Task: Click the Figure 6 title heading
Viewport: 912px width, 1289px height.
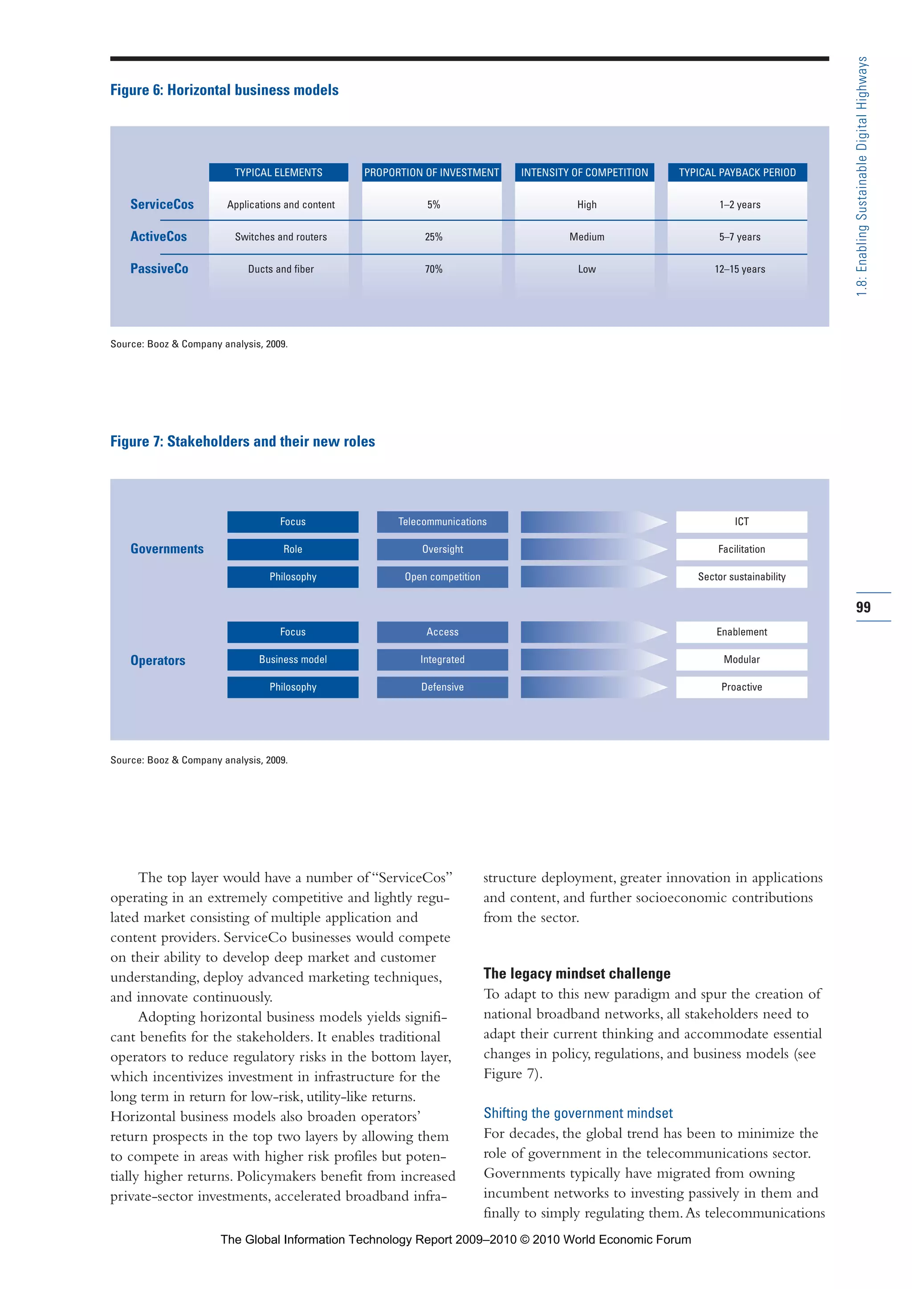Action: coord(224,90)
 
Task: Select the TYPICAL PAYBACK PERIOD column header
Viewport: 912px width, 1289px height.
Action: coord(737,172)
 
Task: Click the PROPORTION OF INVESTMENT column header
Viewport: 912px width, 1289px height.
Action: coord(432,172)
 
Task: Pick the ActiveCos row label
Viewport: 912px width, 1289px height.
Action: coord(159,236)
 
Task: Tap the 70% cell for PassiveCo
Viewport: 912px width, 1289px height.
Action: coord(434,269)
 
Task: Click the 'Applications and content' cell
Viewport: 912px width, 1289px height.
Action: coord(281,204)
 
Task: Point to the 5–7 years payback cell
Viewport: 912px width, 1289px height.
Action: coord(740,237)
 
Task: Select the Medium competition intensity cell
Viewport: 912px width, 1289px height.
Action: coord(587,237)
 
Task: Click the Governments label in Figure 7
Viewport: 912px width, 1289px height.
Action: coord(167,548)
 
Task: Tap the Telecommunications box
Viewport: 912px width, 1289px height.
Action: coord(443,522)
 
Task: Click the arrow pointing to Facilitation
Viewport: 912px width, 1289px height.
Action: coord(593,549)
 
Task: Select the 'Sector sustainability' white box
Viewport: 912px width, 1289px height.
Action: coord(741,576)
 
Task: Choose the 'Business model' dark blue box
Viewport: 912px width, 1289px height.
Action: coord(293,659)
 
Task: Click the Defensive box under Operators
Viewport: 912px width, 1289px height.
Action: coord(443,687)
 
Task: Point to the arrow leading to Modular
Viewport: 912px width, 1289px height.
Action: coord(593,659)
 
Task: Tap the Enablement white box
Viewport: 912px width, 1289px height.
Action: coord(741,632)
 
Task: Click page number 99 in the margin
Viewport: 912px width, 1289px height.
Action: coord(863,607)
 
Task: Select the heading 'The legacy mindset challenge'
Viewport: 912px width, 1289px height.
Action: coord(577,973)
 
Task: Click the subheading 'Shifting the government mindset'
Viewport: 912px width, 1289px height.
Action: coord(578,1113)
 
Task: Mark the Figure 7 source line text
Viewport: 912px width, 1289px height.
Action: coord(199,760)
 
